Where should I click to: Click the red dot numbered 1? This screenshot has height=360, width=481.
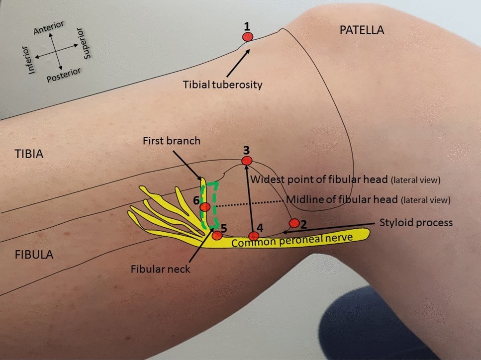(x=247, y=37)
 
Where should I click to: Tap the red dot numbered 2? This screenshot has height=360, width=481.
(x=294, y=223)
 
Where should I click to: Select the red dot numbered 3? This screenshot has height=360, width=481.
(x=247, y=161)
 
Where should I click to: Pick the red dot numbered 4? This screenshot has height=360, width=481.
(x=254, y=236)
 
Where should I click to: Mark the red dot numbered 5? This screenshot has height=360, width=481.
(x=217, y=235)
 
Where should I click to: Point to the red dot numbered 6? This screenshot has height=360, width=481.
(x=205, y=207)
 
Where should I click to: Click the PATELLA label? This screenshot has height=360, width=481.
(x=362, y=30)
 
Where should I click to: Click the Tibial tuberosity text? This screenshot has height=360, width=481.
(x=222, y=85)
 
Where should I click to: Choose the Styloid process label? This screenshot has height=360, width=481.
(x=416, y=222)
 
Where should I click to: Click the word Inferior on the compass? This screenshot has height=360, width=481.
(x=33, y=60)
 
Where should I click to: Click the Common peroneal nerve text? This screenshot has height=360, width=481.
(x=292, y=241)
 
